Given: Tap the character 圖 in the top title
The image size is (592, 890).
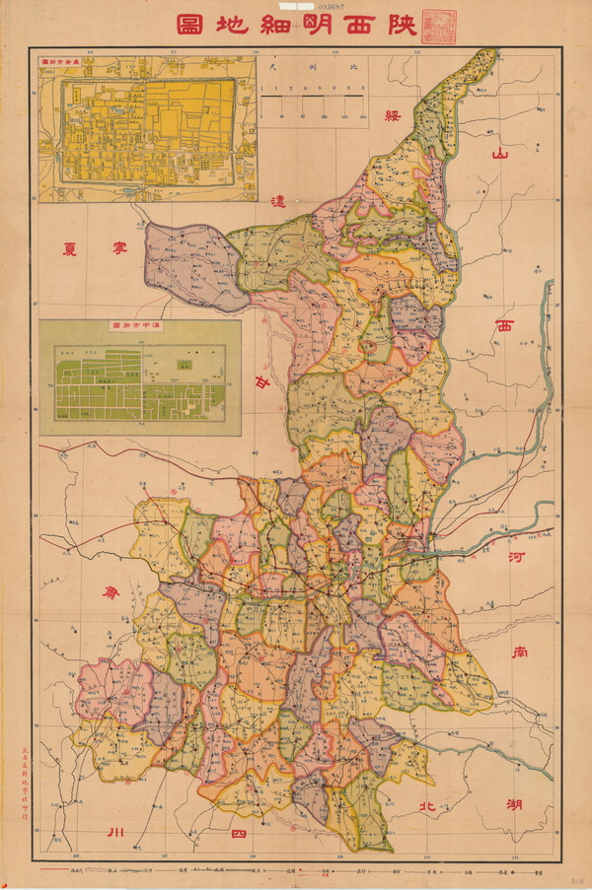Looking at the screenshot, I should [x=190, y=26].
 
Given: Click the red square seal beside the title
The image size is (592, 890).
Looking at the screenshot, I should [x=435, y=26].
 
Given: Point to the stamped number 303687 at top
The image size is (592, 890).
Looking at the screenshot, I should [x=295, y=6].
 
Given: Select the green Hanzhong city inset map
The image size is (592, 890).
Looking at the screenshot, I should [x=139, y=377].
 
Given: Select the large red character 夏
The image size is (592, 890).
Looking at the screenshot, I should [x=71, y=247].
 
